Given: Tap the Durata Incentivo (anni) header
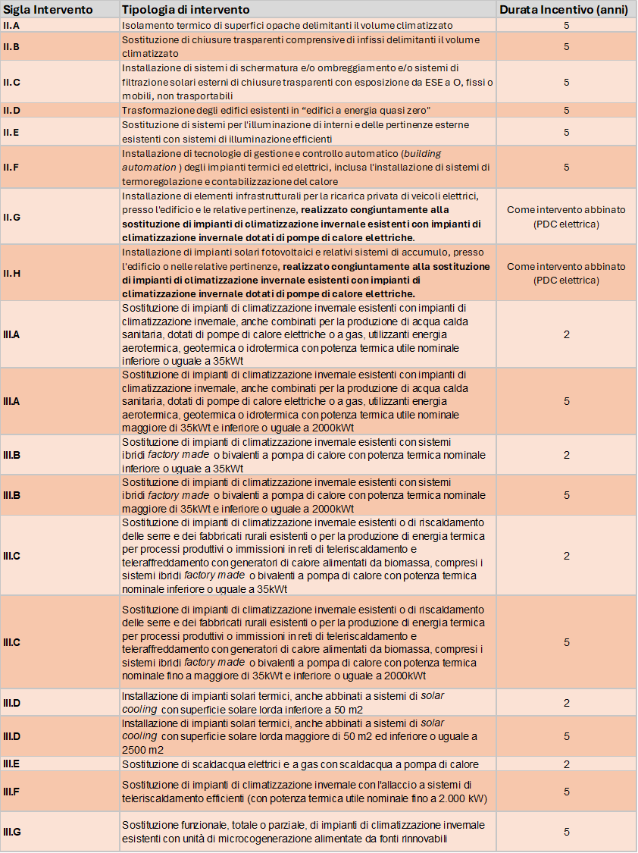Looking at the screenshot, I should pyautogui.click(x=566, y=10).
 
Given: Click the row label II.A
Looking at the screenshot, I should pyautogui.click(x=12, y=25).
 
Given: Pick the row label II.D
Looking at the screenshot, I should pyautogui.click(x=12, y=110).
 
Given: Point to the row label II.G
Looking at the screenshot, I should pyautogui.click(x=12, y=217).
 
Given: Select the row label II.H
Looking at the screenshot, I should pyautogui.click(x=12, y=273).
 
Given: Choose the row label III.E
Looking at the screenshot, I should pyautogui.click(x=12, y=764).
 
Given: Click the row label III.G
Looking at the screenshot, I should pyautogui.click(x=12, y=832).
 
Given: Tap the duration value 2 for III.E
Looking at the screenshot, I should pyautogui.click(x=566, y=764).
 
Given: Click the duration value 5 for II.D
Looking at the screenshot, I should pyautogui.click(x=566, y=110).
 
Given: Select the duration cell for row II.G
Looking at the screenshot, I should pyautogui.click(x=566, y=217).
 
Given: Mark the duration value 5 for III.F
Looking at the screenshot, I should pyautogui.click(x=566, y=791).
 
